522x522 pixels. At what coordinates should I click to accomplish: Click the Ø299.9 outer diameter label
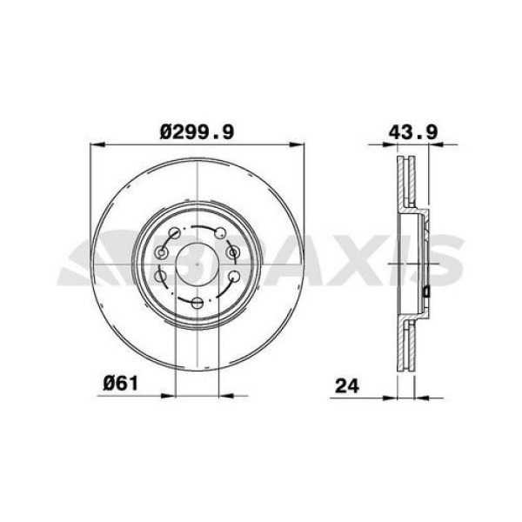(x=197, y=132)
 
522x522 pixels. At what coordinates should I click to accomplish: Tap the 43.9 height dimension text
(x=413, y=132)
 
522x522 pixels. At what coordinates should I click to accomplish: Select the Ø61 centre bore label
(x=121, y=384)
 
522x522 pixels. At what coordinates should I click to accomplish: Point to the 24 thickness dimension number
(x=347, y=386)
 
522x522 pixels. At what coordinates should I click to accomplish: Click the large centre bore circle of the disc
(x=197, y=264)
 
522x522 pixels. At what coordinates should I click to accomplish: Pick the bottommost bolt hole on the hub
(x=197, y=303)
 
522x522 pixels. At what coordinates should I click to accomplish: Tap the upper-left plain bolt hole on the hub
(x=175, y=232)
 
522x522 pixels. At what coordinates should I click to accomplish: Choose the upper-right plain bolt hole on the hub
(x=220, y=233)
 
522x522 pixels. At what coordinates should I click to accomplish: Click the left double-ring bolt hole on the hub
(x=162, y=253)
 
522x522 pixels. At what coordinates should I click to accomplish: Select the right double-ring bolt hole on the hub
(x=232, y=252)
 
